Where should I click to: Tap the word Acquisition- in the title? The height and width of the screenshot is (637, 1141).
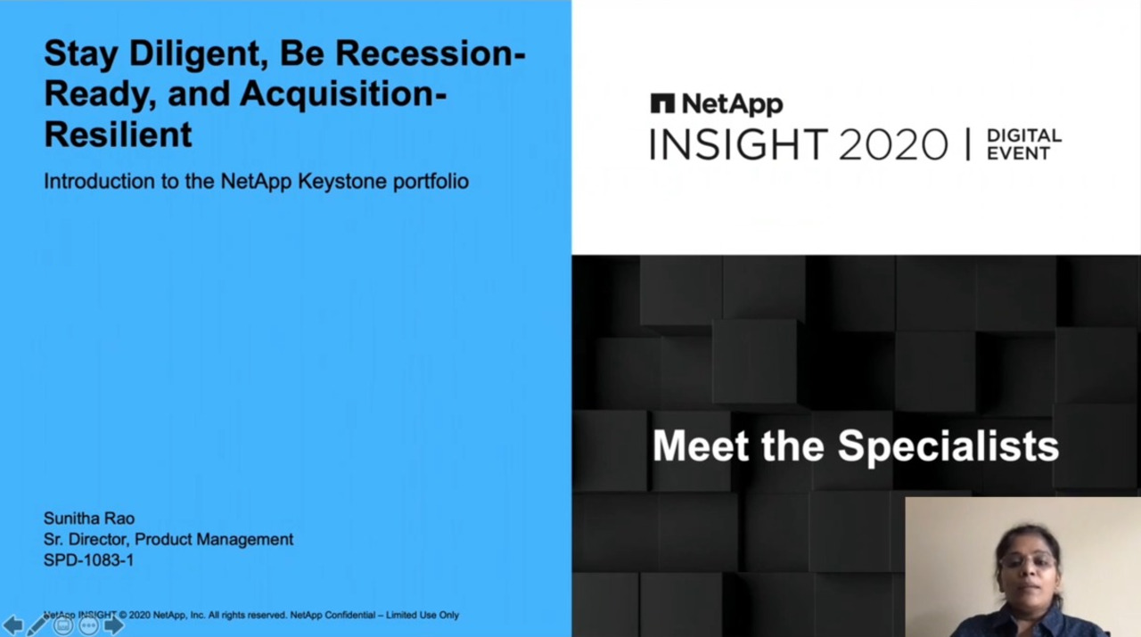pos(343,94)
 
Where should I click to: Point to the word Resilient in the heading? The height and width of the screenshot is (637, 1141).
pos(119,134)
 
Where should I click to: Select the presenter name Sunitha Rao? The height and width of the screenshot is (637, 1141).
pos(89,519)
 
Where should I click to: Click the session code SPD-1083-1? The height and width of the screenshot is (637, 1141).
pos(88,560)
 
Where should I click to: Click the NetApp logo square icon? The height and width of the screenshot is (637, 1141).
pos(662,103)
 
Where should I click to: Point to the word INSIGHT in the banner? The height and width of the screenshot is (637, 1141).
pos(739,144)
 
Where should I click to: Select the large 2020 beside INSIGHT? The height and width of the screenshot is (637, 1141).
pos(893,144)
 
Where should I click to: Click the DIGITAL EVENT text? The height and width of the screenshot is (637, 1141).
pos(1024,144)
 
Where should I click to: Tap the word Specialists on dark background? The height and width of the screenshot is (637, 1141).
pos(948,447)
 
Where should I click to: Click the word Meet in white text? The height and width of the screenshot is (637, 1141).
pos(701,446)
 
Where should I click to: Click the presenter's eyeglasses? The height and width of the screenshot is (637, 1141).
pos(1028,560)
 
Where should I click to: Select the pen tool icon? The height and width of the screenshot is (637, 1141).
pos(37,625)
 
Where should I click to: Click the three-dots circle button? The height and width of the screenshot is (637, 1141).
pos(88,625)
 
